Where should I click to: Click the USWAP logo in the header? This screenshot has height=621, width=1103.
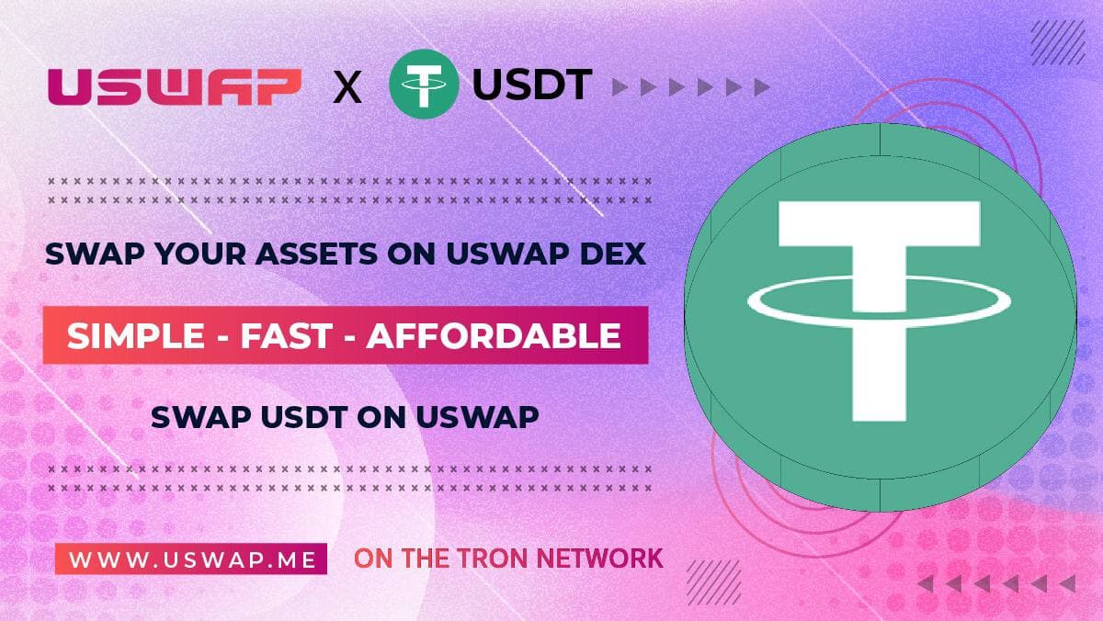click(175, 87)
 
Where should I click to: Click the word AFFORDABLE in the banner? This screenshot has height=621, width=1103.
click(493, 336)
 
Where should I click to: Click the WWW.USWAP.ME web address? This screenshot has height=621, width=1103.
click(190, 558)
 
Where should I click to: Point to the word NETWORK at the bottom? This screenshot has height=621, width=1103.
click(608, 558)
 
